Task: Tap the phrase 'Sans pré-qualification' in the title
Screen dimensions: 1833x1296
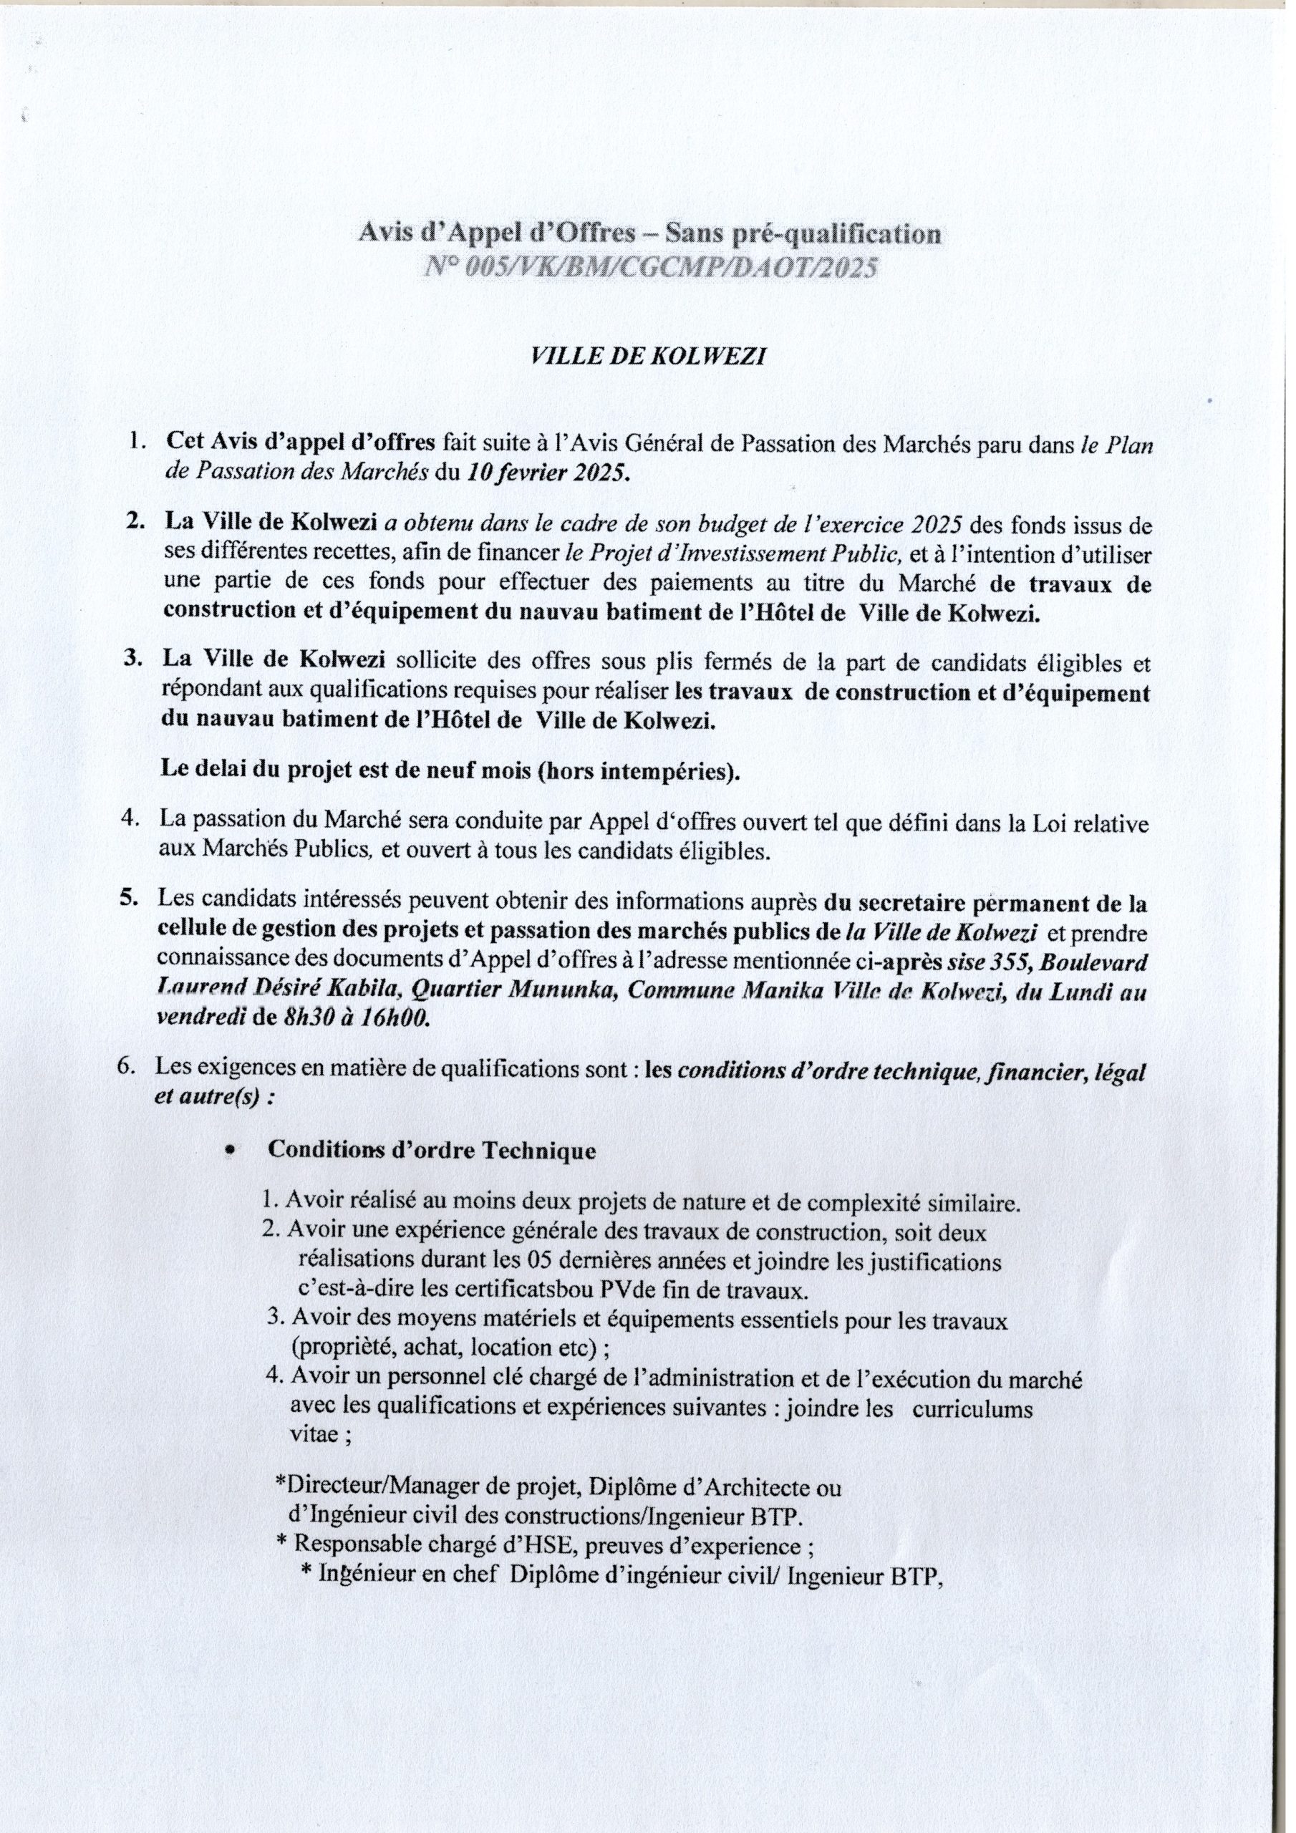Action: pos(803,234)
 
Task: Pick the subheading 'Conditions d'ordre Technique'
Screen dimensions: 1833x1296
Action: pos(431,1151)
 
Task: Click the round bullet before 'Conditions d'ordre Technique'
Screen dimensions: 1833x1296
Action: pos(230,1151)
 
